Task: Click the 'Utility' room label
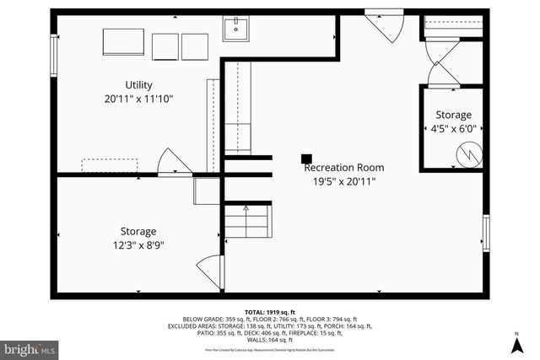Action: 138,85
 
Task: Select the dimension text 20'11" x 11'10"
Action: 138,99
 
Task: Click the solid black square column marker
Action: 307,157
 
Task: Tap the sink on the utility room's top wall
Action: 236,30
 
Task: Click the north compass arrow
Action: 516,344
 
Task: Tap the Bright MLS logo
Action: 30,347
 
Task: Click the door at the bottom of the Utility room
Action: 172,162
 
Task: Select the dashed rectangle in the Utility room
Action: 105,164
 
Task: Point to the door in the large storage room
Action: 209,273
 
